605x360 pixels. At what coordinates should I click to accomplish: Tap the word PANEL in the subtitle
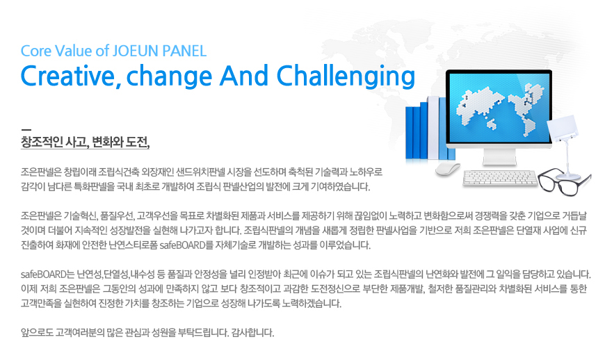coord(184,51)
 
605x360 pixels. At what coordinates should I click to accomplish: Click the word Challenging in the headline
coord(346,76)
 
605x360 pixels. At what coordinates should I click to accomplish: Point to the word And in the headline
coord(244,75)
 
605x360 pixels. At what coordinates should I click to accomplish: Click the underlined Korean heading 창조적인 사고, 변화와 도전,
coord(85,142)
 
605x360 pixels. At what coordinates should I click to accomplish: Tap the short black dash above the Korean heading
coord(26,129)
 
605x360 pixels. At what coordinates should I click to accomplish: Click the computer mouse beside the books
coord(448,168)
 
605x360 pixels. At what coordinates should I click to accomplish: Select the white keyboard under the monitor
coord(500,179)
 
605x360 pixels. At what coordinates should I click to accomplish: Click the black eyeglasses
coord(564,181)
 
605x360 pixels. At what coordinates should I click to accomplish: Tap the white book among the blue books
coord(433,128)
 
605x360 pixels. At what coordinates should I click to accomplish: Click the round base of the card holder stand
coord(567,177)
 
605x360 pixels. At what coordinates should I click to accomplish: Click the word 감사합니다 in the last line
coord(252,333)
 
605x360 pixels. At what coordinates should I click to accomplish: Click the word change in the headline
coord(169,76)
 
